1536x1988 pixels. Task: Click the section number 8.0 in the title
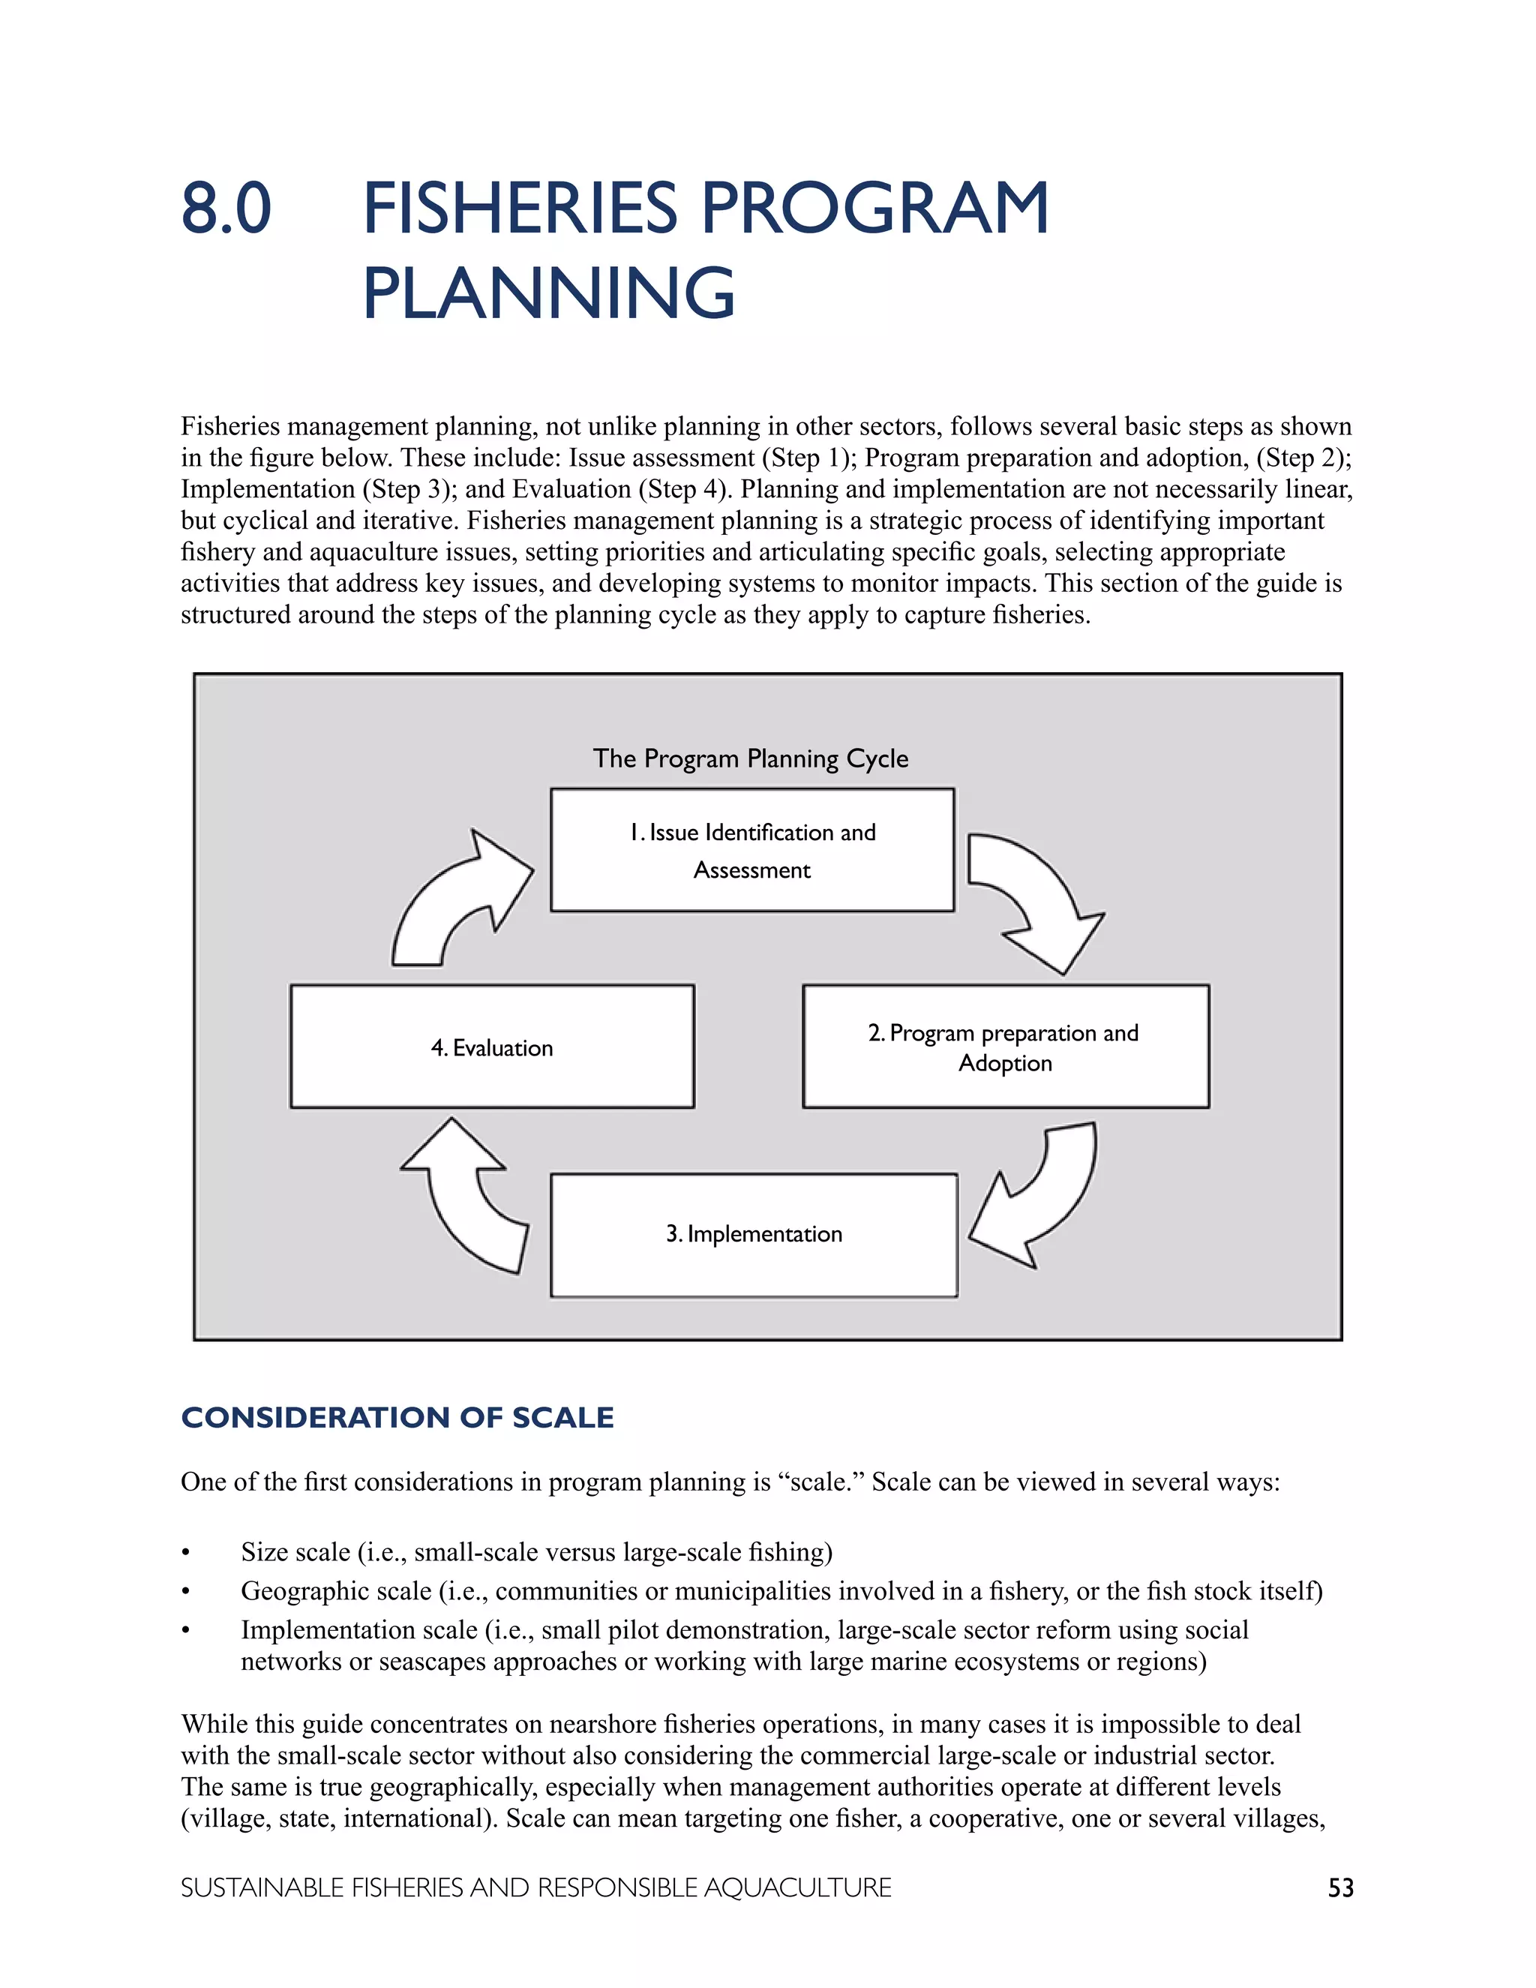[x=226, y=209]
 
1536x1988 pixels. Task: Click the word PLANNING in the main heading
[x=547, y=293]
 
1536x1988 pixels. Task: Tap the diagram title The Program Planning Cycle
[x=750, y=758]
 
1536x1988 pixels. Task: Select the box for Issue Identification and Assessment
[x=751, y=850]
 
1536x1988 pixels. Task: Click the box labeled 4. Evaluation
[x=491, y=1047]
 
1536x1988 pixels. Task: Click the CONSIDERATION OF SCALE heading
[x=397, y=1417]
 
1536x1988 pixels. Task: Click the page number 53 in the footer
[x=1340, y=1888]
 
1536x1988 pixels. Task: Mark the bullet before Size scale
[x=186, y=1553]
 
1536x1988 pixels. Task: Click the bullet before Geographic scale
[x=186, y=1592]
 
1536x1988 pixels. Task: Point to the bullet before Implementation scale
[x=186, y=1631]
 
